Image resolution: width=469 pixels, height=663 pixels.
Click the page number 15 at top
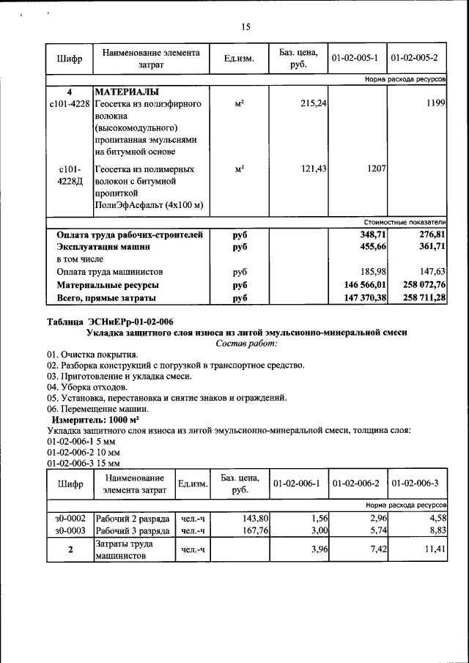click(245, 27)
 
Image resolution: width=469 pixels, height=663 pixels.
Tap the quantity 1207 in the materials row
click(377, 168)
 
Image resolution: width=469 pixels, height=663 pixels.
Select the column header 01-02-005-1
click(355, 58)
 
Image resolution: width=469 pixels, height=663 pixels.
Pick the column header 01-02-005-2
click(415, 58)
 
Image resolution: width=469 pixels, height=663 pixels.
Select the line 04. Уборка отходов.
click(87, 387)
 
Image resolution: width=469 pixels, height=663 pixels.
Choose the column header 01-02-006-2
click(356, 484)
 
